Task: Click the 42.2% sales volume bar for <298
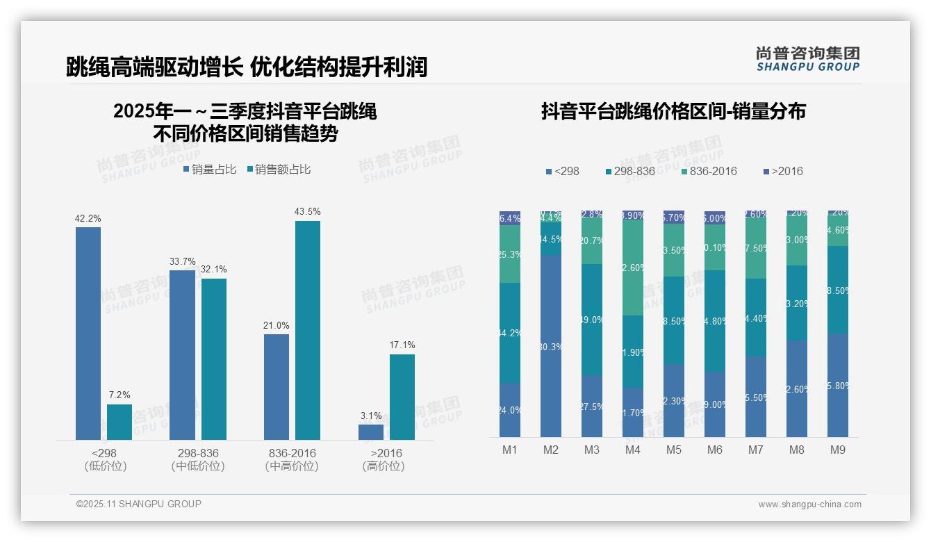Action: coord(88,334)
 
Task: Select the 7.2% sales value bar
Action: coord(120,422)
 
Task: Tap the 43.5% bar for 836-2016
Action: coord(308,330)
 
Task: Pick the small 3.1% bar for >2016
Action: coord(371,432)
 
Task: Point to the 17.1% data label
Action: coord(402,345)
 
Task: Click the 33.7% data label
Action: coord(183,261)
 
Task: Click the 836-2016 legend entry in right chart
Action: coord(709,171)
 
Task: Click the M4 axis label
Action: coord(632,450)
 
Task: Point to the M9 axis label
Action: coord(838,450)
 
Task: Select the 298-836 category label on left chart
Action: coord(198,453)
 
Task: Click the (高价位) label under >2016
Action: coord(384,466)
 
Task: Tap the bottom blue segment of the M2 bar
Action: coord(551,345)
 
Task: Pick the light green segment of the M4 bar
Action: coord(633,268)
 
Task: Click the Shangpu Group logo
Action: coord(807,59)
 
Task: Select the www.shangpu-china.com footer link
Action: coord(809,504)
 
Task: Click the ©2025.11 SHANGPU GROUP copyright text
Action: coord(139,504)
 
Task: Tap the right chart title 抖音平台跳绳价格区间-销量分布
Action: coord(673,111)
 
